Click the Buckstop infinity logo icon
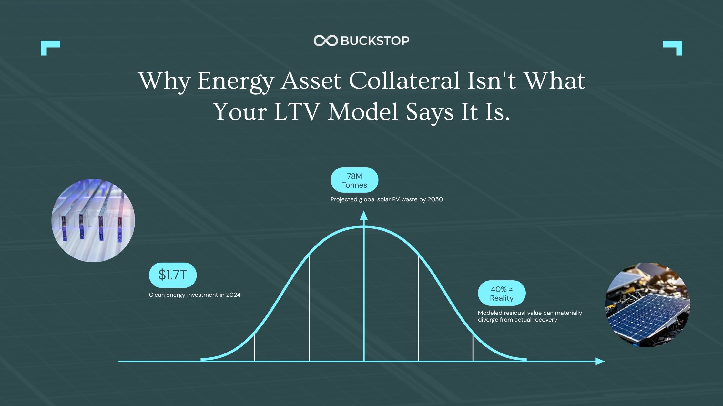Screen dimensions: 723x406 click(325, 41)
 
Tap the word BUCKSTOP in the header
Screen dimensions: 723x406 click(375, 41)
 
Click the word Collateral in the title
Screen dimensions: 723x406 click(404, 81)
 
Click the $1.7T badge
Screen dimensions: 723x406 click(173, 275)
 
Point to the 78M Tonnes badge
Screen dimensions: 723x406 click(354, 180)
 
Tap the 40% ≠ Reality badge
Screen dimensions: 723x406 click(502, 293)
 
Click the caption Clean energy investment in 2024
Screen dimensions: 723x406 click(195, 295)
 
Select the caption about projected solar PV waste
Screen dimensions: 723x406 click(387, 199)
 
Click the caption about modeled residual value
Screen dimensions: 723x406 click(530, 316)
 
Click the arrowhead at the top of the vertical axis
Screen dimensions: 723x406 click(364, 215)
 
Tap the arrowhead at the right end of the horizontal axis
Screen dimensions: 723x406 click(600, 361)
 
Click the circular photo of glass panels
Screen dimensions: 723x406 click(93, 220)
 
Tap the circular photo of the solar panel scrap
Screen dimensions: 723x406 click(647, 304)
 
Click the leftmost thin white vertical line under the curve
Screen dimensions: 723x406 click(254, 347)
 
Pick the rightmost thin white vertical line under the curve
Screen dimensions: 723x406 click(473, 347)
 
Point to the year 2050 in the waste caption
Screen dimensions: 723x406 click(435, 199)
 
